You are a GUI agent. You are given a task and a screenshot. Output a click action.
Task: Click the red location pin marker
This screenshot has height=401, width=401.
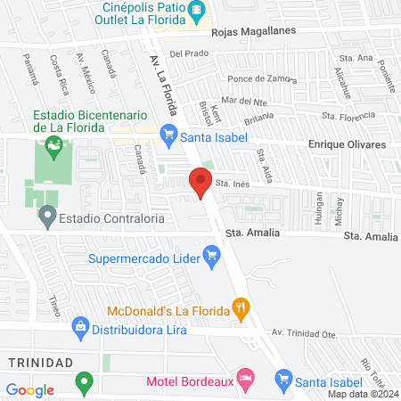pos(200,184)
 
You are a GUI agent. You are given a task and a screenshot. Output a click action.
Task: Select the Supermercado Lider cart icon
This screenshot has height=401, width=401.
pos(211,259)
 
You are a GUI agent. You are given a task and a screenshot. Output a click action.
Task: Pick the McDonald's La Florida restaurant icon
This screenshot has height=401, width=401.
pos(240,310)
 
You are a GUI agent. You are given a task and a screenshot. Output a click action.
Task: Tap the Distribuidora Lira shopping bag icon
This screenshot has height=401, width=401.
pos(80,328)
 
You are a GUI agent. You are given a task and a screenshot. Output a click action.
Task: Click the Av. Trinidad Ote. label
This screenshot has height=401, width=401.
pos(307,331)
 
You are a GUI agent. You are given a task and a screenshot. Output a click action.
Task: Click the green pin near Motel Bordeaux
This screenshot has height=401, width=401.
pos(85,384)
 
